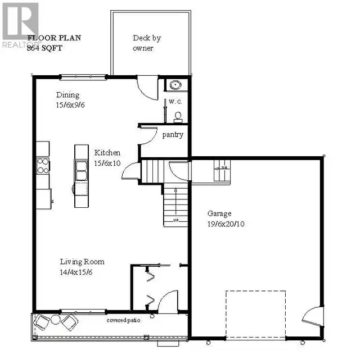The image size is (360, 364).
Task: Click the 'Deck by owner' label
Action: tap(146, 43)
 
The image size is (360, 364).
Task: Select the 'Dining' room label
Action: tap(67, 95)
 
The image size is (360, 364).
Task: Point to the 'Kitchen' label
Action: tap(107, 152)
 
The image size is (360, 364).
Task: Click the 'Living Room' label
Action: tap(82, 262)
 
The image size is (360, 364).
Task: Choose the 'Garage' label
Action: tap(219, 213)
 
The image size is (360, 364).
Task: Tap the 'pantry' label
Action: tap(173, 135)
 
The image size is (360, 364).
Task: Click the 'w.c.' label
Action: tap(174, 102)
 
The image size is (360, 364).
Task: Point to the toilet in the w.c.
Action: tap(178, 116)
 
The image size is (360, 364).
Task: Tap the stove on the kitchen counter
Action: tap(43, 166)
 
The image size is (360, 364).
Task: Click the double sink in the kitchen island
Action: tap(81, 169)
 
